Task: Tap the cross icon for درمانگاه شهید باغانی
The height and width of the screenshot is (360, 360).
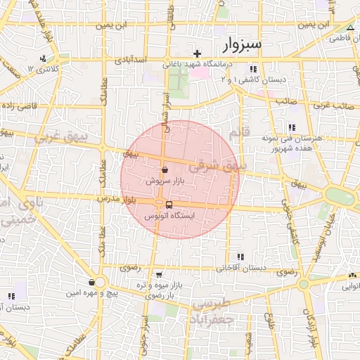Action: [197, 53]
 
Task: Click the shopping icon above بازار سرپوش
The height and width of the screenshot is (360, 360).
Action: [165, 169]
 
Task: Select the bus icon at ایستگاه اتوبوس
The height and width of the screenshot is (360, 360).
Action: [168, 205]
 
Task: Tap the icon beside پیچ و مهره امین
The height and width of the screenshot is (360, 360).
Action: [91, 283]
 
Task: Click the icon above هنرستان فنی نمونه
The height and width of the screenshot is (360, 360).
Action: [290, 127]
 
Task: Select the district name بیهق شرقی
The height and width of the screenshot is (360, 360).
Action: [217, 167]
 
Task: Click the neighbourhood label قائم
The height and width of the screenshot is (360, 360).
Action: [234, 132]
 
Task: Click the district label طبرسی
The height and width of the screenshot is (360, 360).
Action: [210, 303]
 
